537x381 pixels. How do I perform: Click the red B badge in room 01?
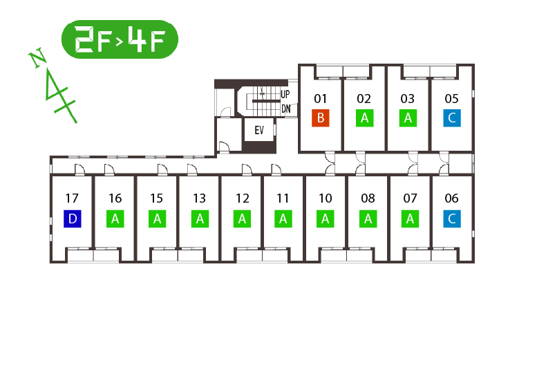pos(320,118)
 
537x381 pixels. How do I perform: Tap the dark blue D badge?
pos(73,219)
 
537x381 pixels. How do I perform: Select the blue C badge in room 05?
pos(451,118)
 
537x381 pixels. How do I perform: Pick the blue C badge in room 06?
pos(451,219)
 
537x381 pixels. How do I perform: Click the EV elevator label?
pos(259,129)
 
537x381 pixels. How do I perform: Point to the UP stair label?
pos(285,95)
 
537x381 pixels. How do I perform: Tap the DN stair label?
pos(285,109)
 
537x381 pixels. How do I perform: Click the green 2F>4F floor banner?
pos(120,39)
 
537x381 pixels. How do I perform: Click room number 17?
pos(73,198)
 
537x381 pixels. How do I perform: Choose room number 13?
pos(199,198)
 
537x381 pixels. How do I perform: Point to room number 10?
pos(325,198)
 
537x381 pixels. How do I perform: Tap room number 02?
pos(364,98)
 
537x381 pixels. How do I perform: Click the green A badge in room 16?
pos(115,219)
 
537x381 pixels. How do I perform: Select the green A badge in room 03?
pos(408,118)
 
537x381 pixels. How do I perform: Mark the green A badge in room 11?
pos(283,219)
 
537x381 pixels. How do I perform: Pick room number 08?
pos(368,198)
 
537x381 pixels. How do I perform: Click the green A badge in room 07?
pos(410,219)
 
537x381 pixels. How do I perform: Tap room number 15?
pos(157,198)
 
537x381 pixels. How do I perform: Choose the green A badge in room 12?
pos(242,219)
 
